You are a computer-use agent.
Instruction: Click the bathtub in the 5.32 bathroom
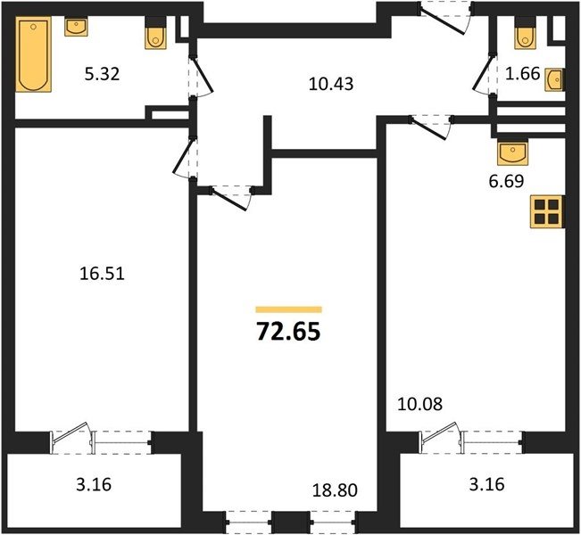33,54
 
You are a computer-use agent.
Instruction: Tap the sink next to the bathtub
76,27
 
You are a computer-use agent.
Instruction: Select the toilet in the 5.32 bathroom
156,33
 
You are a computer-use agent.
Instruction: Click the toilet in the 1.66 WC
526,33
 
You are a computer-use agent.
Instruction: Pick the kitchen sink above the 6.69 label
513,152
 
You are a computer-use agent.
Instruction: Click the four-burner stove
547,211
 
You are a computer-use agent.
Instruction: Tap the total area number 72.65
288,332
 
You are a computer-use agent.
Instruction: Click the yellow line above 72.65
288,310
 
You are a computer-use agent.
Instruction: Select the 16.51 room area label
103,274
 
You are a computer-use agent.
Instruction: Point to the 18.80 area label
335,490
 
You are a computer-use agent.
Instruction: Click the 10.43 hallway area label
331,84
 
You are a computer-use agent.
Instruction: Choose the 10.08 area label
419,404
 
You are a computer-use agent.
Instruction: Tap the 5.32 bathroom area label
103,74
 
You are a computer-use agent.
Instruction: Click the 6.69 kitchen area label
506,181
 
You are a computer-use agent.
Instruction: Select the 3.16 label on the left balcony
94,484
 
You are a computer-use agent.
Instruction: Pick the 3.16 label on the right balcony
486,484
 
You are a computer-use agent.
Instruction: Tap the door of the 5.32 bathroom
201,76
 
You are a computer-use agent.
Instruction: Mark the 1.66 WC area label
523,74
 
